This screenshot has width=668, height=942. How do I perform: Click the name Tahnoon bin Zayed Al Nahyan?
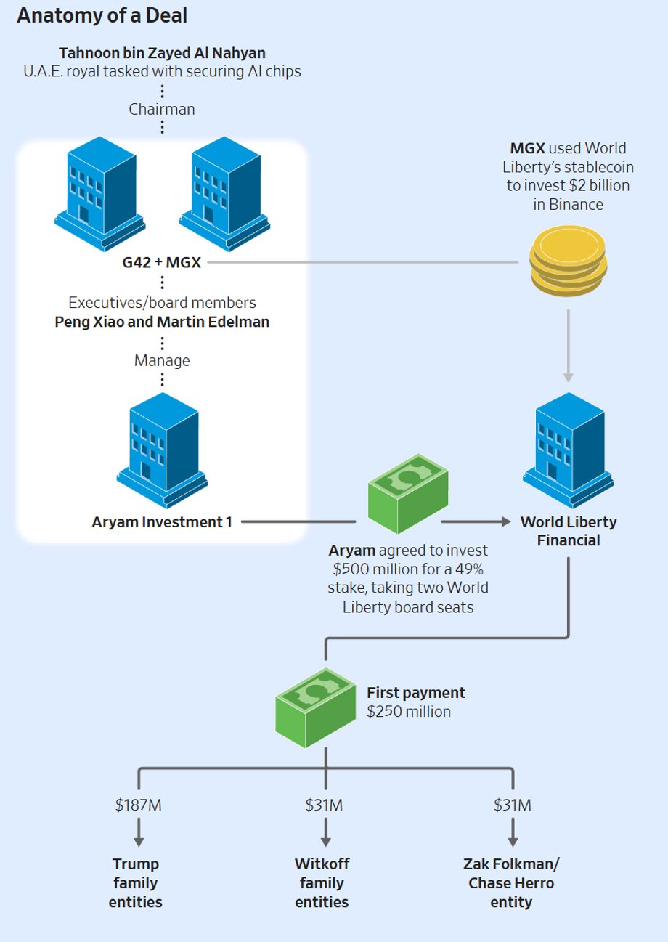pos(162,53)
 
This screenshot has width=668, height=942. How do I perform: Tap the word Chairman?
pos(162,109)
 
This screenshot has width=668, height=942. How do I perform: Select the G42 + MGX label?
pos(161,262)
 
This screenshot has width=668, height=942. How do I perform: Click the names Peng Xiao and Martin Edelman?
pos(162,321)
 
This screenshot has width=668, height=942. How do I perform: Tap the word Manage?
pos(162,360)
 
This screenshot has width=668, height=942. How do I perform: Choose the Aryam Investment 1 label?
pos(162,521)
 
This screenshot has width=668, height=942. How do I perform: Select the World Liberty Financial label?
pos(569,531)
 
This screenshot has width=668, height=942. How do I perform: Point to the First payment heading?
pos(416,692)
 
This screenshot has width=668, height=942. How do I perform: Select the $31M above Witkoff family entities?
pos(324,805)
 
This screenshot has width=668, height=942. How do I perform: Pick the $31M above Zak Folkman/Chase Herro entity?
pos(512,805)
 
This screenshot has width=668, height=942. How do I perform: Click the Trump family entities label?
pos(136,883)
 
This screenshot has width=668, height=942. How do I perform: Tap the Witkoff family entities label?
pos(322,883)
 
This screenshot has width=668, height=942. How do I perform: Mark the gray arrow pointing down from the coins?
pos(568,345)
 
